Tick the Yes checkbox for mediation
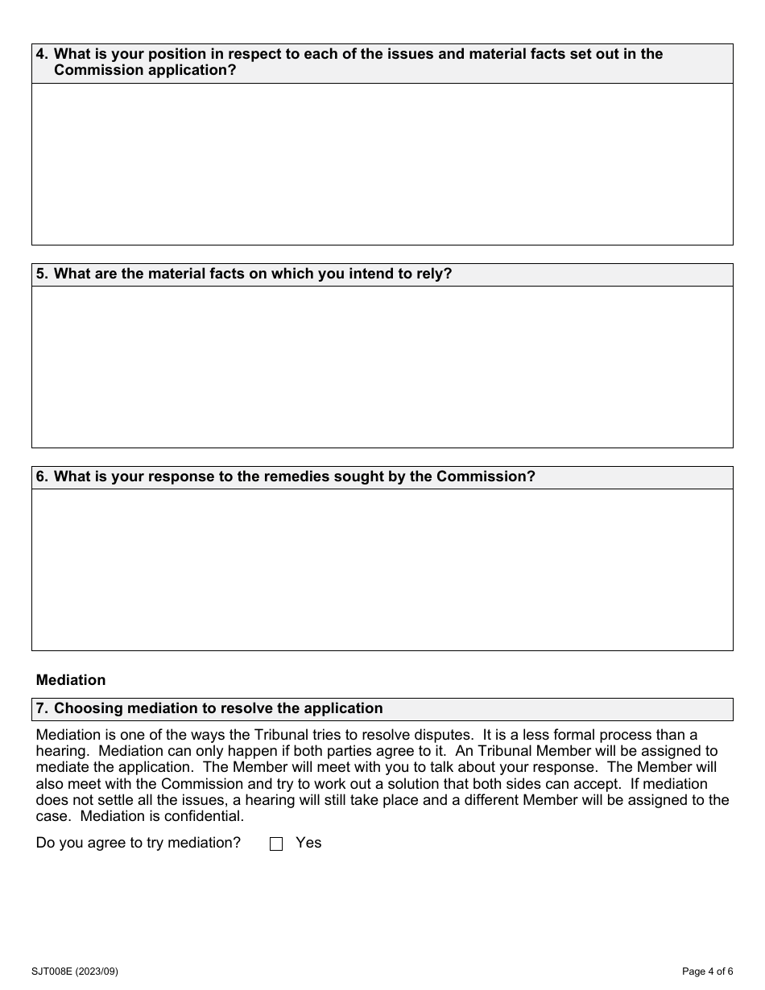tap(276, 844)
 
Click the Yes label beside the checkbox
tap(308, 843)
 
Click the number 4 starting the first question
tap(42, 54)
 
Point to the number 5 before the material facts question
tap(42, 274)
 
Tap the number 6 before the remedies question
tap(42, 476)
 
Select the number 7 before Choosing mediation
tap(42, 708)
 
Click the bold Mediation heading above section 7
tap(71, 680)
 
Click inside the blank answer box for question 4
tap(382, 164)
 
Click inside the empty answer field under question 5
tap(382, 367)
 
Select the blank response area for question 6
tap(382, 570)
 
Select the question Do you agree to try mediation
tap(139, 843)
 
